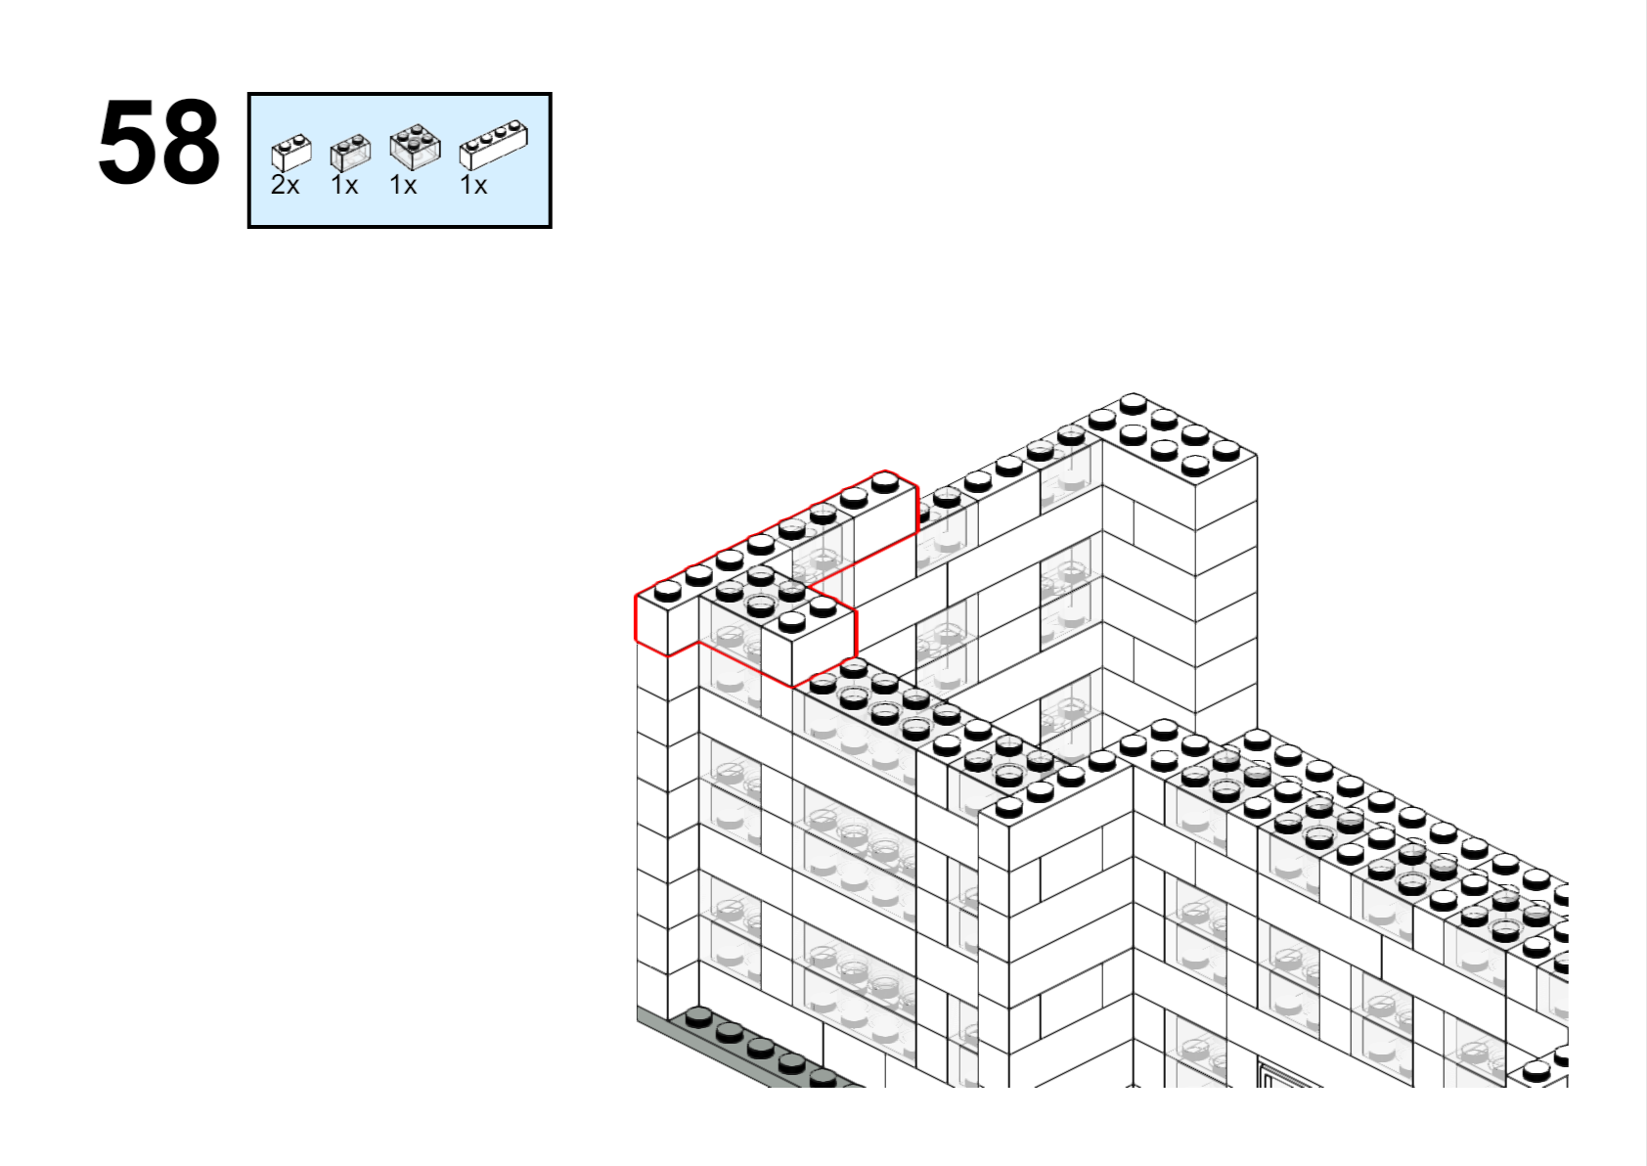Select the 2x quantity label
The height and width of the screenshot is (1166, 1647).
pyautogui.click(x=286, y=185)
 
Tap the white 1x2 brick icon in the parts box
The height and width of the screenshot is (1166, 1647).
pyautogui.click(x=291, y=153)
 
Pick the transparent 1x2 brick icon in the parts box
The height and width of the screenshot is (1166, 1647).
pyautogui.click(x=350, y=153)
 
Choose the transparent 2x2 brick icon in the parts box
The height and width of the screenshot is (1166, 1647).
pyautogui.click(x=416, y=147)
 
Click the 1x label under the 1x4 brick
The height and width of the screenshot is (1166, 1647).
pyautogui.click(x=473, y=185)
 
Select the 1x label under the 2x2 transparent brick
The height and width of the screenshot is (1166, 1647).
pyautogui.click(x=403, y=185)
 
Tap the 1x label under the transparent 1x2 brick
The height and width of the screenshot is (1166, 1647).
pyautogui.click(x=344, y=185)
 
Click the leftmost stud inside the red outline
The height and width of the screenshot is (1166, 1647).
pyautogui.click(x=667, y=590)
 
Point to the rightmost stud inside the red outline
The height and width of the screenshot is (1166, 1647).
pyautogui.click(x=884, y=483)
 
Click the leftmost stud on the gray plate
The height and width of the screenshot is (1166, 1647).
pyautogui.click(x=698, y=1018)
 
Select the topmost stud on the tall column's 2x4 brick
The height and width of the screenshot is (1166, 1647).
pyautogui.click(x=1134, y=404)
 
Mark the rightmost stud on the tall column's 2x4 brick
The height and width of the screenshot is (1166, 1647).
pyautogui.click(x=1225, y=449)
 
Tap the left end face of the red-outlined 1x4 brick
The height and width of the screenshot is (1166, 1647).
pyautogui.click(x=652, y=626)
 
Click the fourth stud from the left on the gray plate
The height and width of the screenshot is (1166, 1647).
pyautogui.click(x=792, y=1064)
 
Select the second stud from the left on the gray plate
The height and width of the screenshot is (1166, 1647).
pyautogui.click(x=730, y=1033)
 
